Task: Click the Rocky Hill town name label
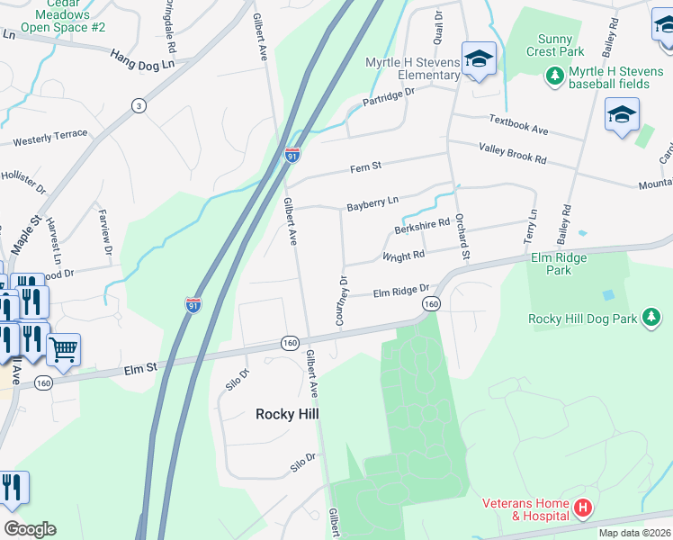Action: [x=287, y=414]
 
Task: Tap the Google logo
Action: [x=30, y=529]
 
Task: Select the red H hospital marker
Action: [x=583, y=509]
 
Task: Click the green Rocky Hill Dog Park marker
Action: [x=652, y=318]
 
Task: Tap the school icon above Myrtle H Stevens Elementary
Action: [x=479, y=60]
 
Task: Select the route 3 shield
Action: [x=139, y=106]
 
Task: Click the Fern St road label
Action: [x=366, y=166]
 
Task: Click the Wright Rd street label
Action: [x=403, y=256]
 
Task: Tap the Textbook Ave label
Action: [x=518, y=124]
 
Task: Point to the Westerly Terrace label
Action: [x=50, y=138]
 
